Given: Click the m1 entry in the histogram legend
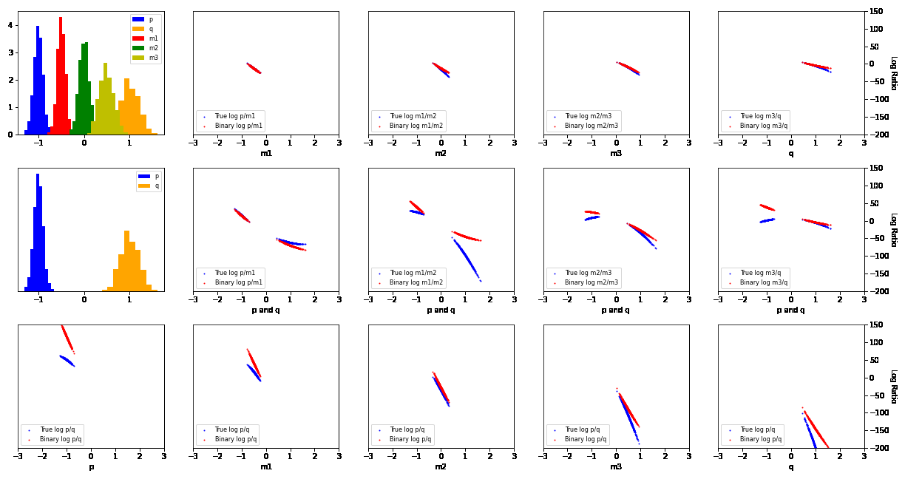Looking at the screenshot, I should click(153, 38).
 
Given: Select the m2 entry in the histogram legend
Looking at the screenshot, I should click(153, 48).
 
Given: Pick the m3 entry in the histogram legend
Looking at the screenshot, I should click(153, 58).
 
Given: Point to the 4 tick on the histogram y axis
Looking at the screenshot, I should click(10, 25).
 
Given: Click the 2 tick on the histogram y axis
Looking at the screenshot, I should click(10, 80).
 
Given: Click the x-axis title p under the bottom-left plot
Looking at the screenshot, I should click(91, 466).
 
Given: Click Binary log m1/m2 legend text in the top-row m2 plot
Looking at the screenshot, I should click(416, 126).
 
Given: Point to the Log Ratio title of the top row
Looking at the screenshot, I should click(893, 72).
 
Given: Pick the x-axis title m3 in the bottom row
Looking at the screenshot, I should click(616, 466).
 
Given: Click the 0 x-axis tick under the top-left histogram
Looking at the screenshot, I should click(84, 143).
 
